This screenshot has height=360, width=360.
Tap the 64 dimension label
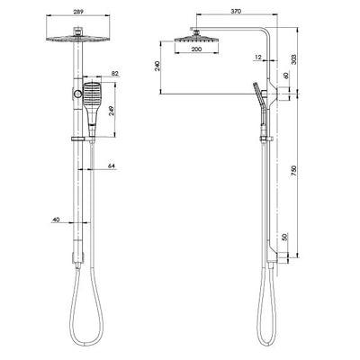pos(112,166)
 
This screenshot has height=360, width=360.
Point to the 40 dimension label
pos(56,219)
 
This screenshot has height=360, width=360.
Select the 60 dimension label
pos(287,76)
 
